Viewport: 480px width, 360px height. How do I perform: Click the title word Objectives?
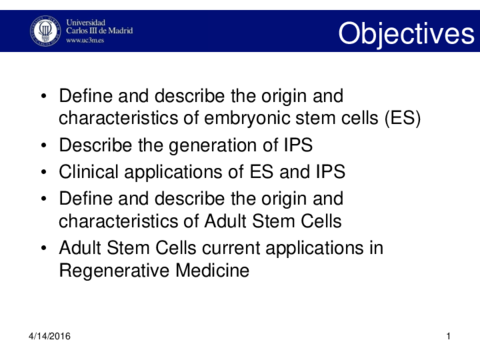405,34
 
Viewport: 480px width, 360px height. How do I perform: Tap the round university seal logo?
45,30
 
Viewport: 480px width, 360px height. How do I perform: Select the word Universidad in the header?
87,20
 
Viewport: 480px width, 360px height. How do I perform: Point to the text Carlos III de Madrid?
98,31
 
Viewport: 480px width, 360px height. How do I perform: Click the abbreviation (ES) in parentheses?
400,119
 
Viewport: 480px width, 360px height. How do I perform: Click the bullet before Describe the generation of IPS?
42,146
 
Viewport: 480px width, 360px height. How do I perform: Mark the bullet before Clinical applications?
42,172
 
